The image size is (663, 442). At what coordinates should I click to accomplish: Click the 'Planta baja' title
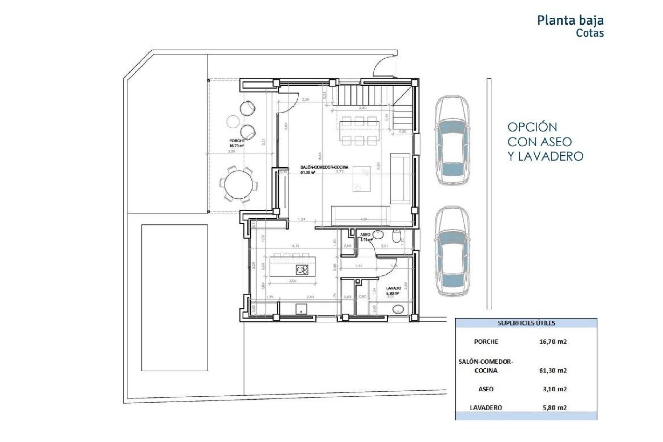coord(570,20)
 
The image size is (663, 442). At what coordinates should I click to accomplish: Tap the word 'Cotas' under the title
coord(590,33)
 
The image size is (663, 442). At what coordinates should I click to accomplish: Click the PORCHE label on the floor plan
coord(237,141)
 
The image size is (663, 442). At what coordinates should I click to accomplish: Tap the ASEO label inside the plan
coord(365,234)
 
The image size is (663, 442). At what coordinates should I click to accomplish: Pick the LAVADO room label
coord(393,288)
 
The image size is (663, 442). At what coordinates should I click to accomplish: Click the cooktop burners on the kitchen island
coord(302,269)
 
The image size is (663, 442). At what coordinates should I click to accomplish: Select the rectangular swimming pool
coord(174,298)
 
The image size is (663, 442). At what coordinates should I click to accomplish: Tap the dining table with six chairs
coord(359,131)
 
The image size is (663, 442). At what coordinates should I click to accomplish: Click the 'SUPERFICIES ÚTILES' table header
coord(526,323)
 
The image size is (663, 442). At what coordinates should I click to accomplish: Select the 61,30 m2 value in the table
coord(553,371)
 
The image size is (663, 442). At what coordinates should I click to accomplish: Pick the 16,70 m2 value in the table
coord(553,342)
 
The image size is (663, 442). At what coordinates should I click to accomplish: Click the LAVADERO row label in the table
coord(486,407)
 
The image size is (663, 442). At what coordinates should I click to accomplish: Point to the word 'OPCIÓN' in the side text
coord(532,127)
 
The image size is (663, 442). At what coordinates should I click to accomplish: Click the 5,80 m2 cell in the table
coord(554,407)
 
